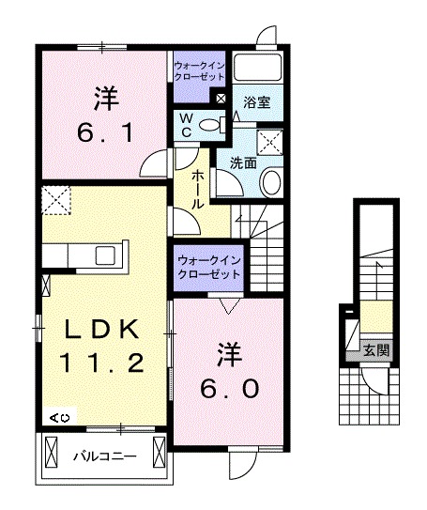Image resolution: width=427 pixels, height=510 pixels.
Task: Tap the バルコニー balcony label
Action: tap(105, 456)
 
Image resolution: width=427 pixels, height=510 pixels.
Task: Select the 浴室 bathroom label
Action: tap(257, 101)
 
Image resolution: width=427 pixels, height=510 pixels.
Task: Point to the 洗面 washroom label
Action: tap(244, 162)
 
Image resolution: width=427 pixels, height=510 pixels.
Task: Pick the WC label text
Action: tap(187, 125)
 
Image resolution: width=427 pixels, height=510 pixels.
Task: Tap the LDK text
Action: tap(103, 330)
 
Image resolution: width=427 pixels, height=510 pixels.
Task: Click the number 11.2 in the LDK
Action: tap(103, 362)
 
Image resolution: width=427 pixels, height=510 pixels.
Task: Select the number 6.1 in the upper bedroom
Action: tap(104, 132)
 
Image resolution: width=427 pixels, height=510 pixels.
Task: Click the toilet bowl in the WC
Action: tap(210, 124)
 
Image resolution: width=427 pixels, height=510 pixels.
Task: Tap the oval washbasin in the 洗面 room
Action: tap(271, 182)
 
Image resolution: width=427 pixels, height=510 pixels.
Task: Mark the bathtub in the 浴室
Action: tap(259, 67)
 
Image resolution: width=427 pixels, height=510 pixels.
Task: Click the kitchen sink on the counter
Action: tap(102, 254)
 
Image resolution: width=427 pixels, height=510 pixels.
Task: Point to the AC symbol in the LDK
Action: tap(59, 416)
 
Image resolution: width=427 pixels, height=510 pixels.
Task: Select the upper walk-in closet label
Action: tap(199, 70)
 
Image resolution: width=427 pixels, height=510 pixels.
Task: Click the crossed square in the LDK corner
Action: tap(55, 200)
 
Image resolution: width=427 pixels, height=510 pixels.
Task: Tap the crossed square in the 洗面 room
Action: tap(272, 142)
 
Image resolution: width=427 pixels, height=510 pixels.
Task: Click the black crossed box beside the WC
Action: tap(221, 97)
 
